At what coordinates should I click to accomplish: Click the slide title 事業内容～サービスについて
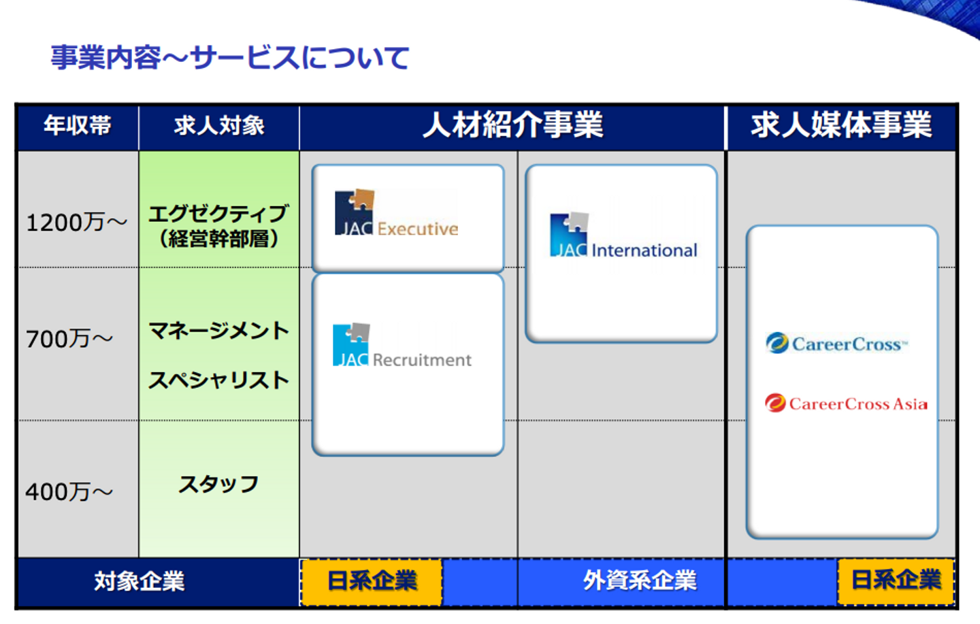[230, 58]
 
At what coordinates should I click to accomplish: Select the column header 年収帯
[78, 126]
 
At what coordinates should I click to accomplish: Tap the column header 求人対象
[219, 126]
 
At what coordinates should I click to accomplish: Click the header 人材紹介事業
[512, 125]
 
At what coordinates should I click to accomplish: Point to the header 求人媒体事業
[841, 125]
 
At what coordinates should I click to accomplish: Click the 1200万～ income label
[76, 223]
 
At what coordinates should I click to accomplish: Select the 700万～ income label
[69, 339]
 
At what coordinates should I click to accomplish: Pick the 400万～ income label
[69, 492]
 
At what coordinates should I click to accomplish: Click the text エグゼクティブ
[218, 214]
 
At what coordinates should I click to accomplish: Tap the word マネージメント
[218, 331]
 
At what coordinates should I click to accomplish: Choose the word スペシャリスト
[218, 380]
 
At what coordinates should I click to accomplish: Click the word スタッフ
[218, 485]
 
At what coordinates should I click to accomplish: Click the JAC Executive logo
[396, 213]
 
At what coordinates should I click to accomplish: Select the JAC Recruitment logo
[402, 345]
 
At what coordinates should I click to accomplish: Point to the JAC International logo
[623, 235]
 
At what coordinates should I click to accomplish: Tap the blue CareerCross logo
[836, 343]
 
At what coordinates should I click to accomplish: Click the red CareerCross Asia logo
[846, 403]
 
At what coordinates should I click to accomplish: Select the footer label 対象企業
[140, 582]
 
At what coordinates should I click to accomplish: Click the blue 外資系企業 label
[640, 580]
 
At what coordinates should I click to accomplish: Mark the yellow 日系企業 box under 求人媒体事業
[896, 582]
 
